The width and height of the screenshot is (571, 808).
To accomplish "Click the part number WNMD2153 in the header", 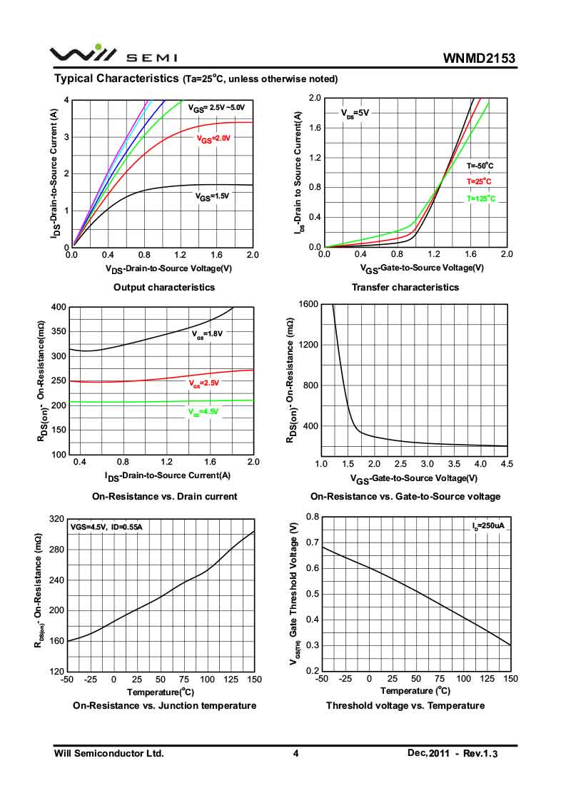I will (x=479, y=58).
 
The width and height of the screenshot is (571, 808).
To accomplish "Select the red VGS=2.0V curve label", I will (x=214, y=139).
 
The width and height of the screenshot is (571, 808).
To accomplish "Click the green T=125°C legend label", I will (x=480, y=198).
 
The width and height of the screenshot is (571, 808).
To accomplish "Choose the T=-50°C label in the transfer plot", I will (x=480, y=166).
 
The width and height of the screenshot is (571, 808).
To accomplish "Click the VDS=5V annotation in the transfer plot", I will (x=355, y=113).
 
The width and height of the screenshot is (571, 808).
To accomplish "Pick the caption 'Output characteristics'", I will (x=164, y=287).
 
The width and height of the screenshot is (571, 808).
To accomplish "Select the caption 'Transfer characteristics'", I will (x=405, y=287).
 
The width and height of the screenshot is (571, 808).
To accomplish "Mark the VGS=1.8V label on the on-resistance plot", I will (x=207, y=333).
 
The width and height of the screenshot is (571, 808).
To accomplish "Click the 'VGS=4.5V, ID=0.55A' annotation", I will (x=106, y=527).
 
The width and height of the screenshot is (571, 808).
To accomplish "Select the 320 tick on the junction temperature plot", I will (x=55, y=519).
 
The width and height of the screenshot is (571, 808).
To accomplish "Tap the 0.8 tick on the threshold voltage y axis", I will (x=313, y=516).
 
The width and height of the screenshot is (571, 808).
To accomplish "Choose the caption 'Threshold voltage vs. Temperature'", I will (x=405, y=705).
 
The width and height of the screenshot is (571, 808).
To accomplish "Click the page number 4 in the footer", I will (x=295, y=753).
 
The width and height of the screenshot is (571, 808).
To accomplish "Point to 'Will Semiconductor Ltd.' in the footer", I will (x=109, y=753).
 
